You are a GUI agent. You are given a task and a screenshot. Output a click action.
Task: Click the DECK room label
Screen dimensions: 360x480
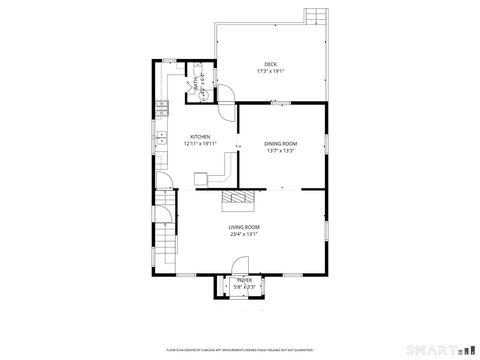pyautogui.click(x=270, y=65)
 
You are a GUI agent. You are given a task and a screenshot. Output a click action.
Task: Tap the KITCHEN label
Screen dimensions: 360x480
pyautogui.click(x=200, y=136)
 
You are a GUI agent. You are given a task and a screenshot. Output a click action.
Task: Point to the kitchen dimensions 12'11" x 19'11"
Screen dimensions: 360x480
pyautogui.click(x=200, y=144)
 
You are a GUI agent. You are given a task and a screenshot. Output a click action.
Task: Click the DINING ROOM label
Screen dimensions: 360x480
pyautogui.click(x=281, y=144)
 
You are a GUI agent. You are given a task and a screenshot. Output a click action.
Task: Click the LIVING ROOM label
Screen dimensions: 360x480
pyautogui.click(x=244, y=228)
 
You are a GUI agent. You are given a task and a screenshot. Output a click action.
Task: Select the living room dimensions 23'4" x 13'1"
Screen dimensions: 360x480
pyautogui.click(x=244, y=236)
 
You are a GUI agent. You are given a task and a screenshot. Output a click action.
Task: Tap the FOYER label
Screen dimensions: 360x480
pyautogui.click(x=245, y=280)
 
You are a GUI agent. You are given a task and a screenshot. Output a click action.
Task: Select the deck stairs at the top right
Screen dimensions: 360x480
pyautogui.click(x=315, y=17)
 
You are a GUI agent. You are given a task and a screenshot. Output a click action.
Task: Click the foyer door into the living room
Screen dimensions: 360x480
pyautogui.click(x=240, y=265)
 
